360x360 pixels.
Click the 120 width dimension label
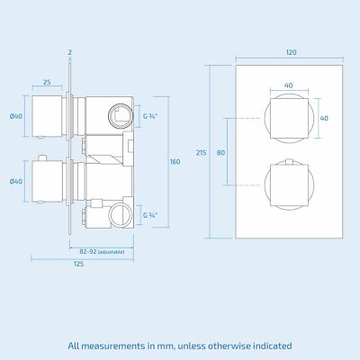[x=290, y=53]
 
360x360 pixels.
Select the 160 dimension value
[x=175, y=161]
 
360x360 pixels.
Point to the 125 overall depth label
[x=78, y=264]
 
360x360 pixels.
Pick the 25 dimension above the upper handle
[x=46, y=82]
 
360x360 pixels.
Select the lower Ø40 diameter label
[x=15, y=182]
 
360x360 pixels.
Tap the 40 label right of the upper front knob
[x=323, y=118]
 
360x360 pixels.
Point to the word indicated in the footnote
[x=265, y=345]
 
